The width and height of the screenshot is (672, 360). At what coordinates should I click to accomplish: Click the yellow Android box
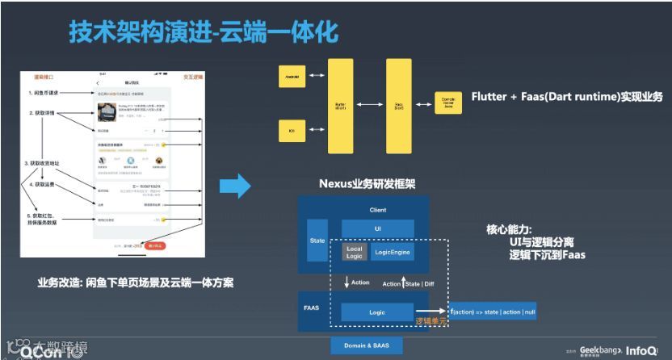click(x=293, y=77)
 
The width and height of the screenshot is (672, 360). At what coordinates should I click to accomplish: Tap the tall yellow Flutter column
click(x=340, y=105)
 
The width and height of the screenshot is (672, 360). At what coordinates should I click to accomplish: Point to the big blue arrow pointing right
click(x=235, y=187)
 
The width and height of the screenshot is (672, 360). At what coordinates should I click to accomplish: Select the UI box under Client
click(x=377, y=228)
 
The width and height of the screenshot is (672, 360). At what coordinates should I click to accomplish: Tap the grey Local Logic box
click(x=354, y=253)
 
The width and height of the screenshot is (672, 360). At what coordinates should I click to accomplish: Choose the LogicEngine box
click(x=393, y=253)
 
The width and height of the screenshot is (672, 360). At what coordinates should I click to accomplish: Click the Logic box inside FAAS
click(x=377, y=312)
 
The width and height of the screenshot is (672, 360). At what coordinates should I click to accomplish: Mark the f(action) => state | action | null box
click(x=493, y=311)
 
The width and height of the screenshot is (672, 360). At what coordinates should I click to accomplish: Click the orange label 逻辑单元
click(x=430, y=320)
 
